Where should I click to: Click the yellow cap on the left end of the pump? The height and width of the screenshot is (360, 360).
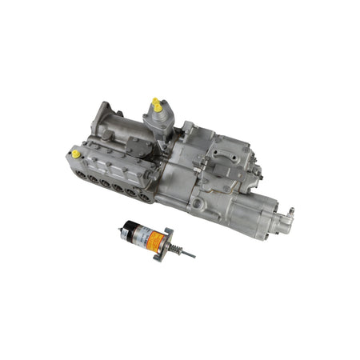tap(76, 153)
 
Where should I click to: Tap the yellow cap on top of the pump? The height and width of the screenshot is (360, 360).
tap(156, 105)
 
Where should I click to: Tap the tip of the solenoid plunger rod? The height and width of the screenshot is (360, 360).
tap(193, 256)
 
